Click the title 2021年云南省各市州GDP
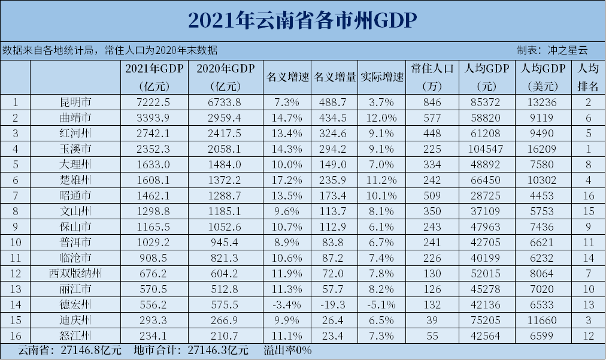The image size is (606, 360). point(302,20)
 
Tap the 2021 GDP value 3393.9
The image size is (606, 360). point(154,117)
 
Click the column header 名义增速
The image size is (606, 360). point(287,77)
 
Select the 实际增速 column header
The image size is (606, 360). point(381,77)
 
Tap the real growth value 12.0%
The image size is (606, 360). point(381,117)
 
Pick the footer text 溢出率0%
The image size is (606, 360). point(288,349)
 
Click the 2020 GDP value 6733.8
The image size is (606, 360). point(226,102)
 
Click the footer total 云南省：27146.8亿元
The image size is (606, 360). point(69,349)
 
